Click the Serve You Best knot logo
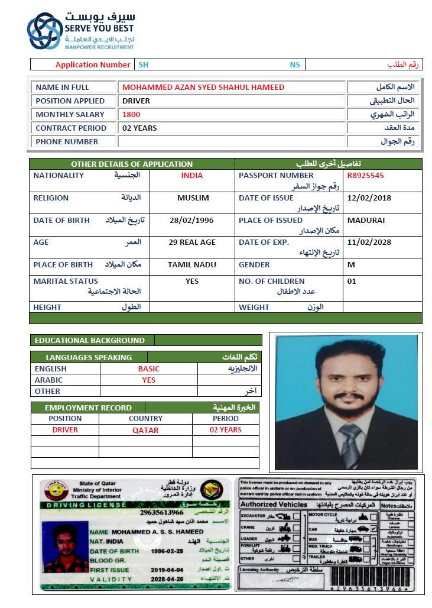[44, 30]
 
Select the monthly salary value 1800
[131, 115]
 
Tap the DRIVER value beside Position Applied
[136, 101]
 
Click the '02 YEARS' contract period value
[139, 128]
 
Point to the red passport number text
[365, 176]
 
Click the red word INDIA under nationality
[192, 176]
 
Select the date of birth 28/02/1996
[192, 221]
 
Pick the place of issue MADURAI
[366, 221]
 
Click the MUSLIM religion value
[193, 198]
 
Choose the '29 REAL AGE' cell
[192, 242]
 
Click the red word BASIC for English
[149, 369]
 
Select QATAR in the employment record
[145, 431]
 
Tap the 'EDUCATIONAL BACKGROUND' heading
[90, 341]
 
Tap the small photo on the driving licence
[62, 548]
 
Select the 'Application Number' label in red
[93, 65]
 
